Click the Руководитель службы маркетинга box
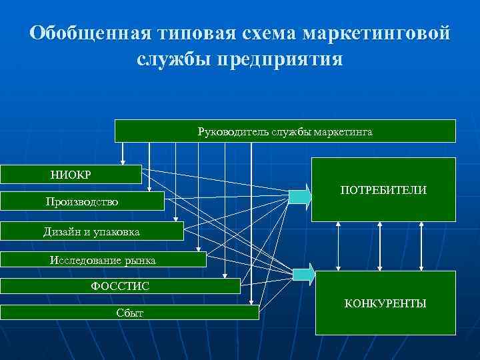[285, 131]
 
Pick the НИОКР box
[71, 175]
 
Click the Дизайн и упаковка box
[91, 231]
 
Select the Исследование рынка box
[103, 260]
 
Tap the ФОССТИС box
[120, 286]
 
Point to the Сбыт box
[129, 312]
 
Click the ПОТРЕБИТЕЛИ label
[383, 191]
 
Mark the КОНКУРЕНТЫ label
[385, 304]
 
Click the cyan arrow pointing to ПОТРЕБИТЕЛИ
[299, 195]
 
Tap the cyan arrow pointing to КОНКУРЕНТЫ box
[304, 273]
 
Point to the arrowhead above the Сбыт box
[251, 302]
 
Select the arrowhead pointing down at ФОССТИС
[226, 275]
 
